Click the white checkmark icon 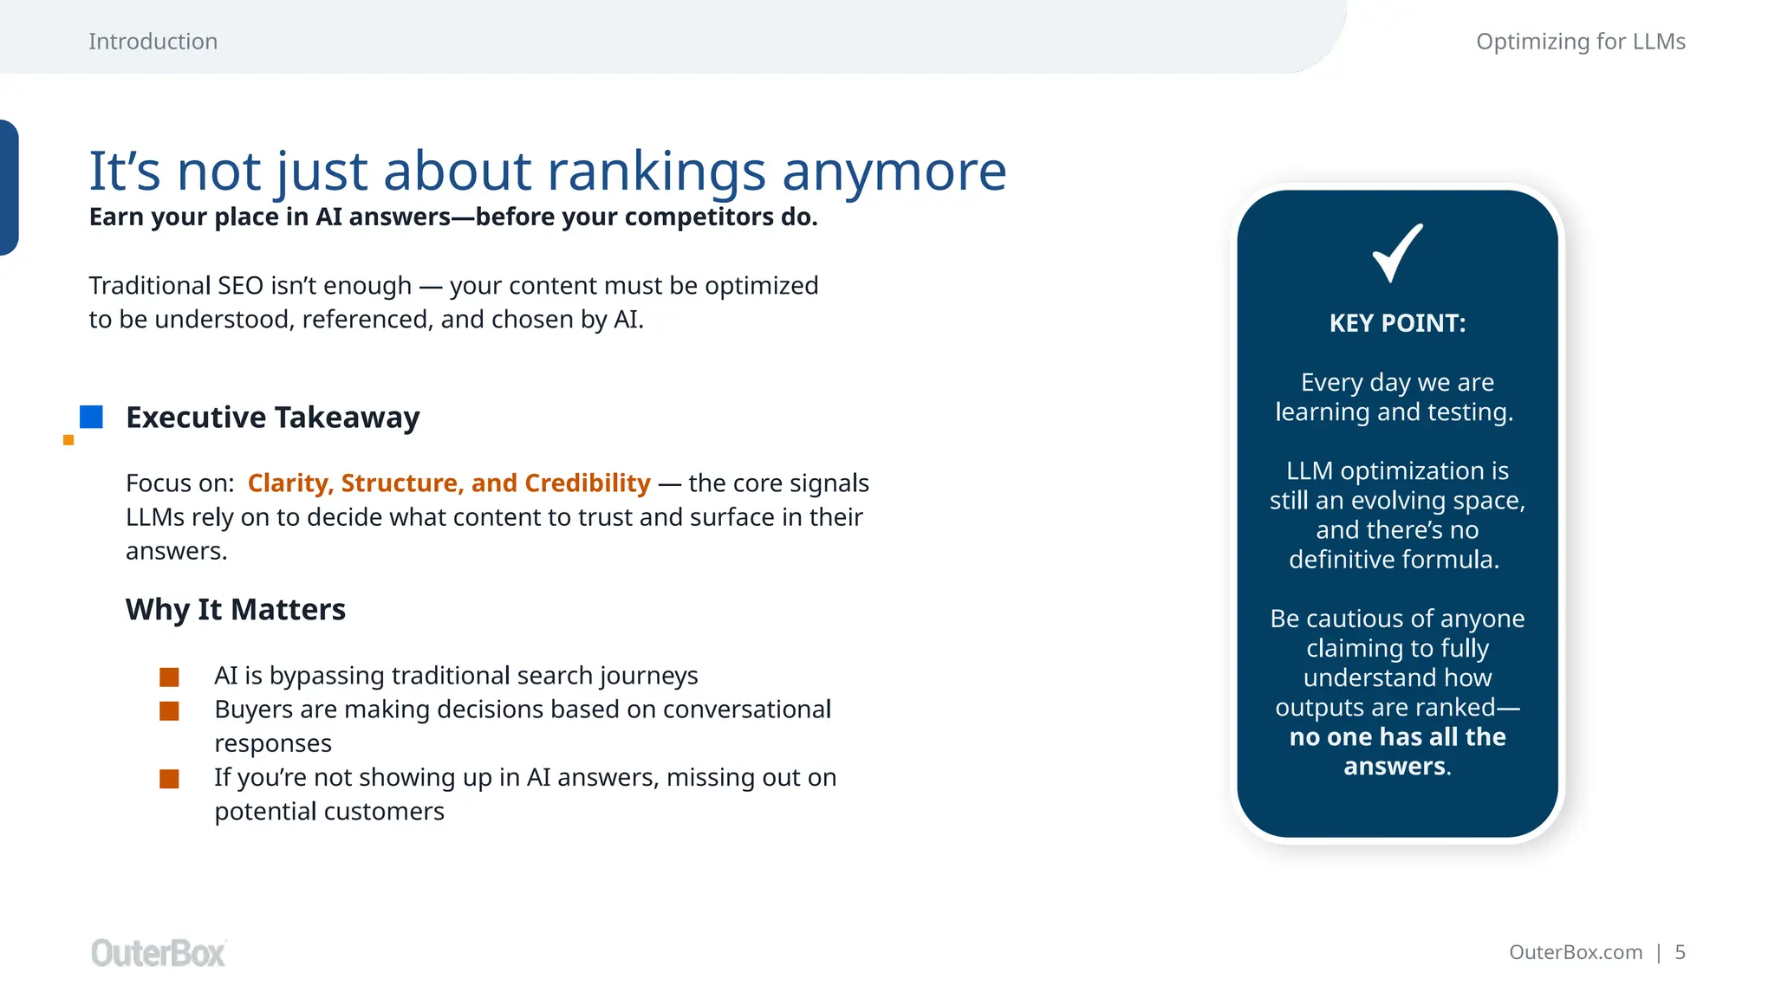1396,253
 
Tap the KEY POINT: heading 1397,323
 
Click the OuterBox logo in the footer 159,953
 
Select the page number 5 1680,952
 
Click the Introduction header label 153,42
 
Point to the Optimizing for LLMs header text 1580,42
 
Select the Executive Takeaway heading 272,418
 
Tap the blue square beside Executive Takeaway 91,417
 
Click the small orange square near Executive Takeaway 68,440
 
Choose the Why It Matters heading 235,610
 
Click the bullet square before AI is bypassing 169,677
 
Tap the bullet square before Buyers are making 169,711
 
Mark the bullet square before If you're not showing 169,779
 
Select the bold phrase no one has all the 1397,737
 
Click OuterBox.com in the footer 1575,952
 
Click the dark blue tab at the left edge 8,187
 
